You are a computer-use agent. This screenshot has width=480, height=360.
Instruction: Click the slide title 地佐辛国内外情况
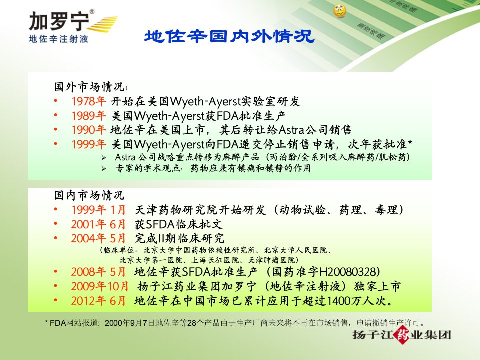(229, 36)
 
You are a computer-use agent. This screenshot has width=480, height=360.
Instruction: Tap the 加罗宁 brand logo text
(59, 21)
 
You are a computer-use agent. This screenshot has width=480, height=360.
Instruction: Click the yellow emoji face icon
(340, 11)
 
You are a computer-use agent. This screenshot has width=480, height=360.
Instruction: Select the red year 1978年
(89, 101)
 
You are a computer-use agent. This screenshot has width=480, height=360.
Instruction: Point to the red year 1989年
(89, 115)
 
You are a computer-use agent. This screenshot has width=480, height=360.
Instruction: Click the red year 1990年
(89, 130)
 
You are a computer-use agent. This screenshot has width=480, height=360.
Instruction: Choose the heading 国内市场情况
(89, 195)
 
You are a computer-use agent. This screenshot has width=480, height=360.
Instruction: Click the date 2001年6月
(98, 224)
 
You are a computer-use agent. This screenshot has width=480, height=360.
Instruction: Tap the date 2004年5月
(98, 238)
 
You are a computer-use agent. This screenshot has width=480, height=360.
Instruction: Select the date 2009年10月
(100, 286)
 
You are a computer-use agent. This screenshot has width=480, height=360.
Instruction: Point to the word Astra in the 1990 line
(291, 130)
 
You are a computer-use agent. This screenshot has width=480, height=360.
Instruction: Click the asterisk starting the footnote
(46, 322)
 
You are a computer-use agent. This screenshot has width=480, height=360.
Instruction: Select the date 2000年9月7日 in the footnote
(130, 323)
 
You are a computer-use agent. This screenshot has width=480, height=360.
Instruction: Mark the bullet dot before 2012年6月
(55, 300)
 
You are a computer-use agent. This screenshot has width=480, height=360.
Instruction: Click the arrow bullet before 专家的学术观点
(104, 169)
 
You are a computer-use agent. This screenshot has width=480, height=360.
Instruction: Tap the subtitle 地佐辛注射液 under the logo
(59, 39)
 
